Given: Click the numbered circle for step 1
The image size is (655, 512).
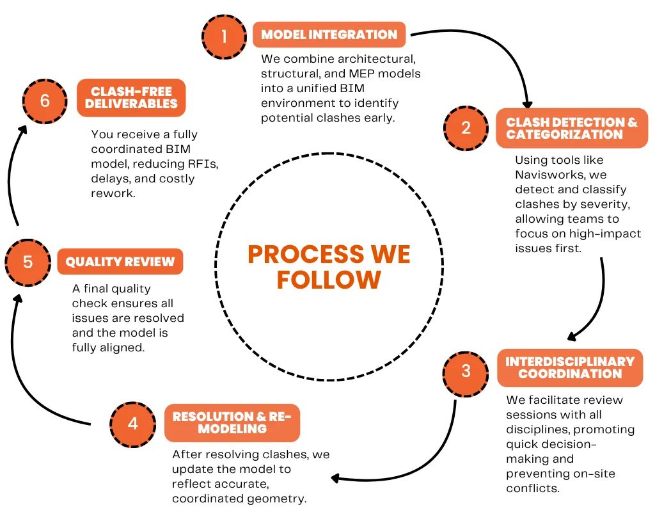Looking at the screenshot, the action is coord(225,36).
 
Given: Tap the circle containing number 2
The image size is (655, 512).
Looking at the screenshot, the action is coord(466,128).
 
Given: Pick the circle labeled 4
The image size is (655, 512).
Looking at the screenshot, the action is coord(133,425).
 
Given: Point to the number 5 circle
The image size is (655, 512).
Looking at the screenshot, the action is coord(28,262).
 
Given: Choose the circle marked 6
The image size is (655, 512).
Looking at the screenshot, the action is coord(45,101).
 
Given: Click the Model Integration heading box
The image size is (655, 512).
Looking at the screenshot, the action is coord(329,35).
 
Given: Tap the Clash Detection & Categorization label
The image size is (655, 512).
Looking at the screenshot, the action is coord(572,128).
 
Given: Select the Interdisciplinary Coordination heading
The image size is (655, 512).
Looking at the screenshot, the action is coord(570,368).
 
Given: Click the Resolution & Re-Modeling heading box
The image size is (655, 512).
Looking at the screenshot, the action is coord(232,423).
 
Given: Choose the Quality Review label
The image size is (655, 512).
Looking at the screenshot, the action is coord(120,262).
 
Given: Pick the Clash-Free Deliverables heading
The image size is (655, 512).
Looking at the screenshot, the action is coord(131,98).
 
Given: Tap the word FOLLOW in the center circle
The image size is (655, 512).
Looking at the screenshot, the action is coord(329,280).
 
